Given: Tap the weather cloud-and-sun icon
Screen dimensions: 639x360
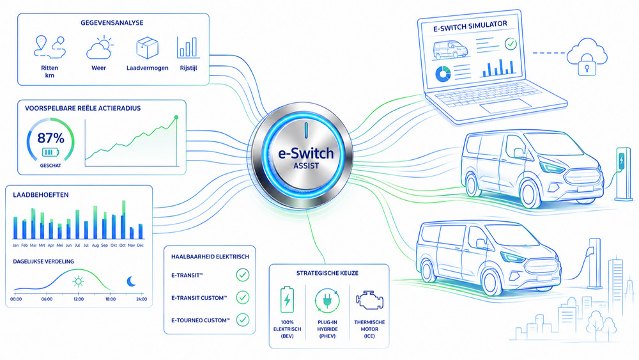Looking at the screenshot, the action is [99, 48].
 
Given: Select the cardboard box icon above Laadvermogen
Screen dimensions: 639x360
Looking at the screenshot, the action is [147, 47].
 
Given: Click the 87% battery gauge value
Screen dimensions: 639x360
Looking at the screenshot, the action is [51, 138].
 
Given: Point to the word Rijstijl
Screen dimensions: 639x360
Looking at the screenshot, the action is [189, 68].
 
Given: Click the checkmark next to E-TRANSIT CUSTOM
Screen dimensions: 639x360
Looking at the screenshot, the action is [243, 297].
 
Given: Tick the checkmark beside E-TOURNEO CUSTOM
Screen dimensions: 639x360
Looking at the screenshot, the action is [243, 320].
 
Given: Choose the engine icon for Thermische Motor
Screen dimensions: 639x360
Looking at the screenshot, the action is [369, 301].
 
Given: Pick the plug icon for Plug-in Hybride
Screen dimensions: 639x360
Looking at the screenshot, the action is [327, 301].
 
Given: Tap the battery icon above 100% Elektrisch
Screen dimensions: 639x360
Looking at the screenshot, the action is [288, 300].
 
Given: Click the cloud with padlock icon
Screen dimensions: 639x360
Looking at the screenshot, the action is [587, 57].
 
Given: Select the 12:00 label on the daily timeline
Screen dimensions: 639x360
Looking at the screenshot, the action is [79, 299].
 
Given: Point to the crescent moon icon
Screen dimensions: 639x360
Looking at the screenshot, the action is [131, 281].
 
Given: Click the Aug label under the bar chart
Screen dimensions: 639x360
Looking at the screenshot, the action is [95, 246].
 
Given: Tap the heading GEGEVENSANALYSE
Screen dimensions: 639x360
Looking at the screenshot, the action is [112, 23].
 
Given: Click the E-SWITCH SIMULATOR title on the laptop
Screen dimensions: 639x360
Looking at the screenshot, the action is [470, 26].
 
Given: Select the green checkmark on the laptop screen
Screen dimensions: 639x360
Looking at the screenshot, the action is [511, 43].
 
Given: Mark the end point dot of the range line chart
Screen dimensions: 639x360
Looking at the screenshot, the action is [176, 118].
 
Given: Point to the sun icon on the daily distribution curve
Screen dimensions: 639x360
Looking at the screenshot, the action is [78, 281].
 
